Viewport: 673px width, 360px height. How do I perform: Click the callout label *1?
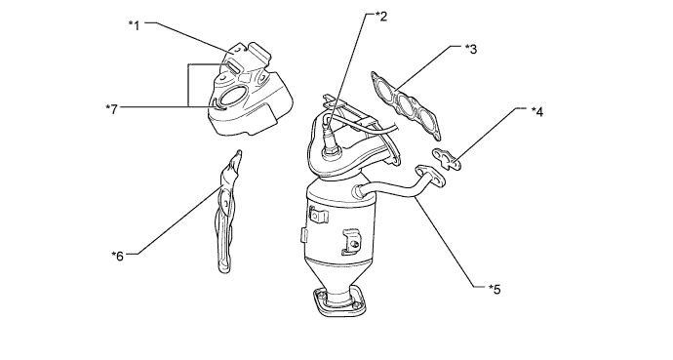pyautogui.click(x=135, y=25)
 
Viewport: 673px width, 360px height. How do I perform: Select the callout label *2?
pyautogui.click(x=381, y=17)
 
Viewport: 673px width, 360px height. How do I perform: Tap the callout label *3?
pyautogui.click(x=471, y=49)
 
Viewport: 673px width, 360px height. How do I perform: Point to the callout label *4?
pyautogui.click(x=537, y=111)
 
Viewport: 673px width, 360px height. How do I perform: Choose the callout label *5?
pyautogui.click(x=495, y=289)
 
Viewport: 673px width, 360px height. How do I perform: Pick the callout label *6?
pyautogui.click(x=118, y=256)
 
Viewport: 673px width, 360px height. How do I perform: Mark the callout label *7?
pyautogui.click(x=111, y=109)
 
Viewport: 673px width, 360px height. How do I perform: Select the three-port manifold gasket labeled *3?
pyautogui.click(x=406, y=105)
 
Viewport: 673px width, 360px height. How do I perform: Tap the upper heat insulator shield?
pyautogui.click(x=250, y=91)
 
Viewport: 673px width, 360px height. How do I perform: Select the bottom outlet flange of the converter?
pyautogui.click(x=340, y=302)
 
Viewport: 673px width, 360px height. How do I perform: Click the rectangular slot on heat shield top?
pyautogui.click(x=233, y=66)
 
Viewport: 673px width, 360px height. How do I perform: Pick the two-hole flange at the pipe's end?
pyautogui.click(x=431, y=176)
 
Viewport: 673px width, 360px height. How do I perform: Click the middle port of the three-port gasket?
pyautogui.click(x=406, y=104)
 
